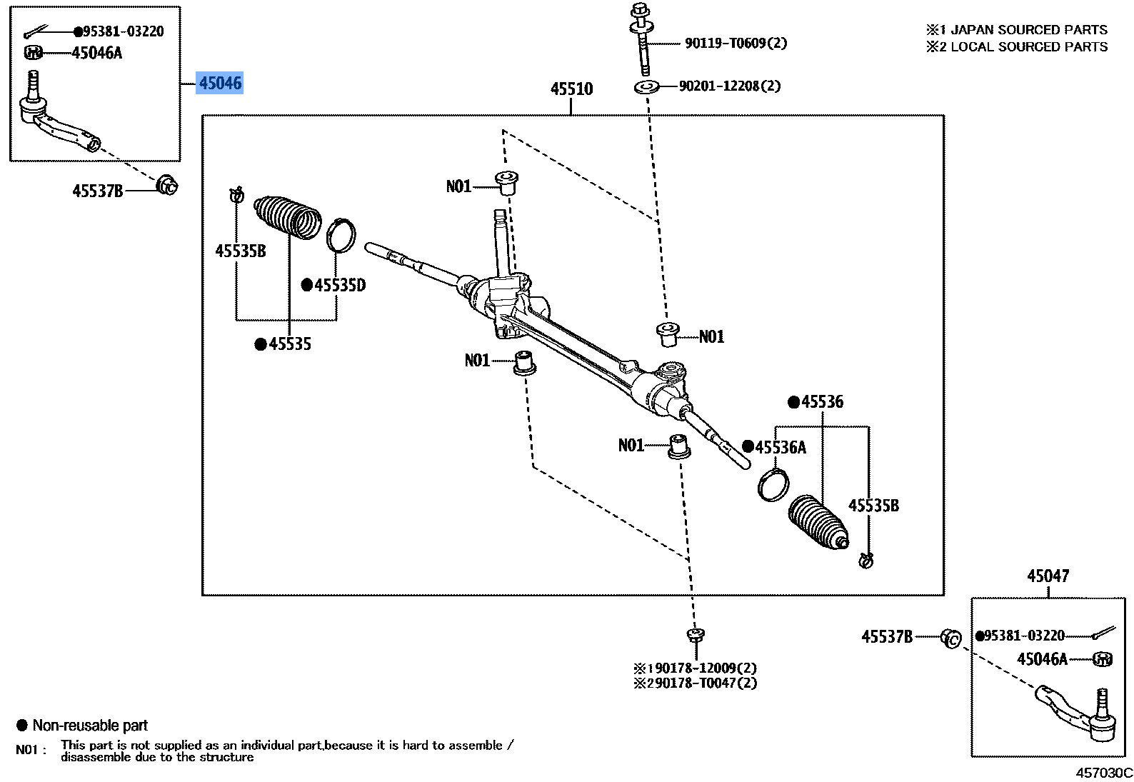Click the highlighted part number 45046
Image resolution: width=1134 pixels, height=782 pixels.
tap(220, 84)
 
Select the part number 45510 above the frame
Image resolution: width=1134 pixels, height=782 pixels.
tap(571, 89)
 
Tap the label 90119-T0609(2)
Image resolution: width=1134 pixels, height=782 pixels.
tap(736, 44)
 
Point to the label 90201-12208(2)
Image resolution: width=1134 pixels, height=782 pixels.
tap(729, 86)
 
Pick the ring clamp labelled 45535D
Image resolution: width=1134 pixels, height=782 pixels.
tap(341, 235)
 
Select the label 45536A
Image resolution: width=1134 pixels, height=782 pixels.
tap(781, 448)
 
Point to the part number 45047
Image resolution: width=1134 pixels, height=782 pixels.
tap(1048, 576)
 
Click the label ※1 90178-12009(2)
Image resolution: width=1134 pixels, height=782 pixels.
tap(695, 668)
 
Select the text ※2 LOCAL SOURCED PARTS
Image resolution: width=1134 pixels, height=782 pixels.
tap(1017, 47)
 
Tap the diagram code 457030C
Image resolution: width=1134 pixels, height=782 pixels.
tap(1104, 773)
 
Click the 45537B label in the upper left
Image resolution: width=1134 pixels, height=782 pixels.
tap(98, 191)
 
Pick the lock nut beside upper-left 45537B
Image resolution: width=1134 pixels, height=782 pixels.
tap(167, 185)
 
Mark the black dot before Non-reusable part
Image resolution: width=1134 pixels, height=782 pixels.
tap(22, 726)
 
